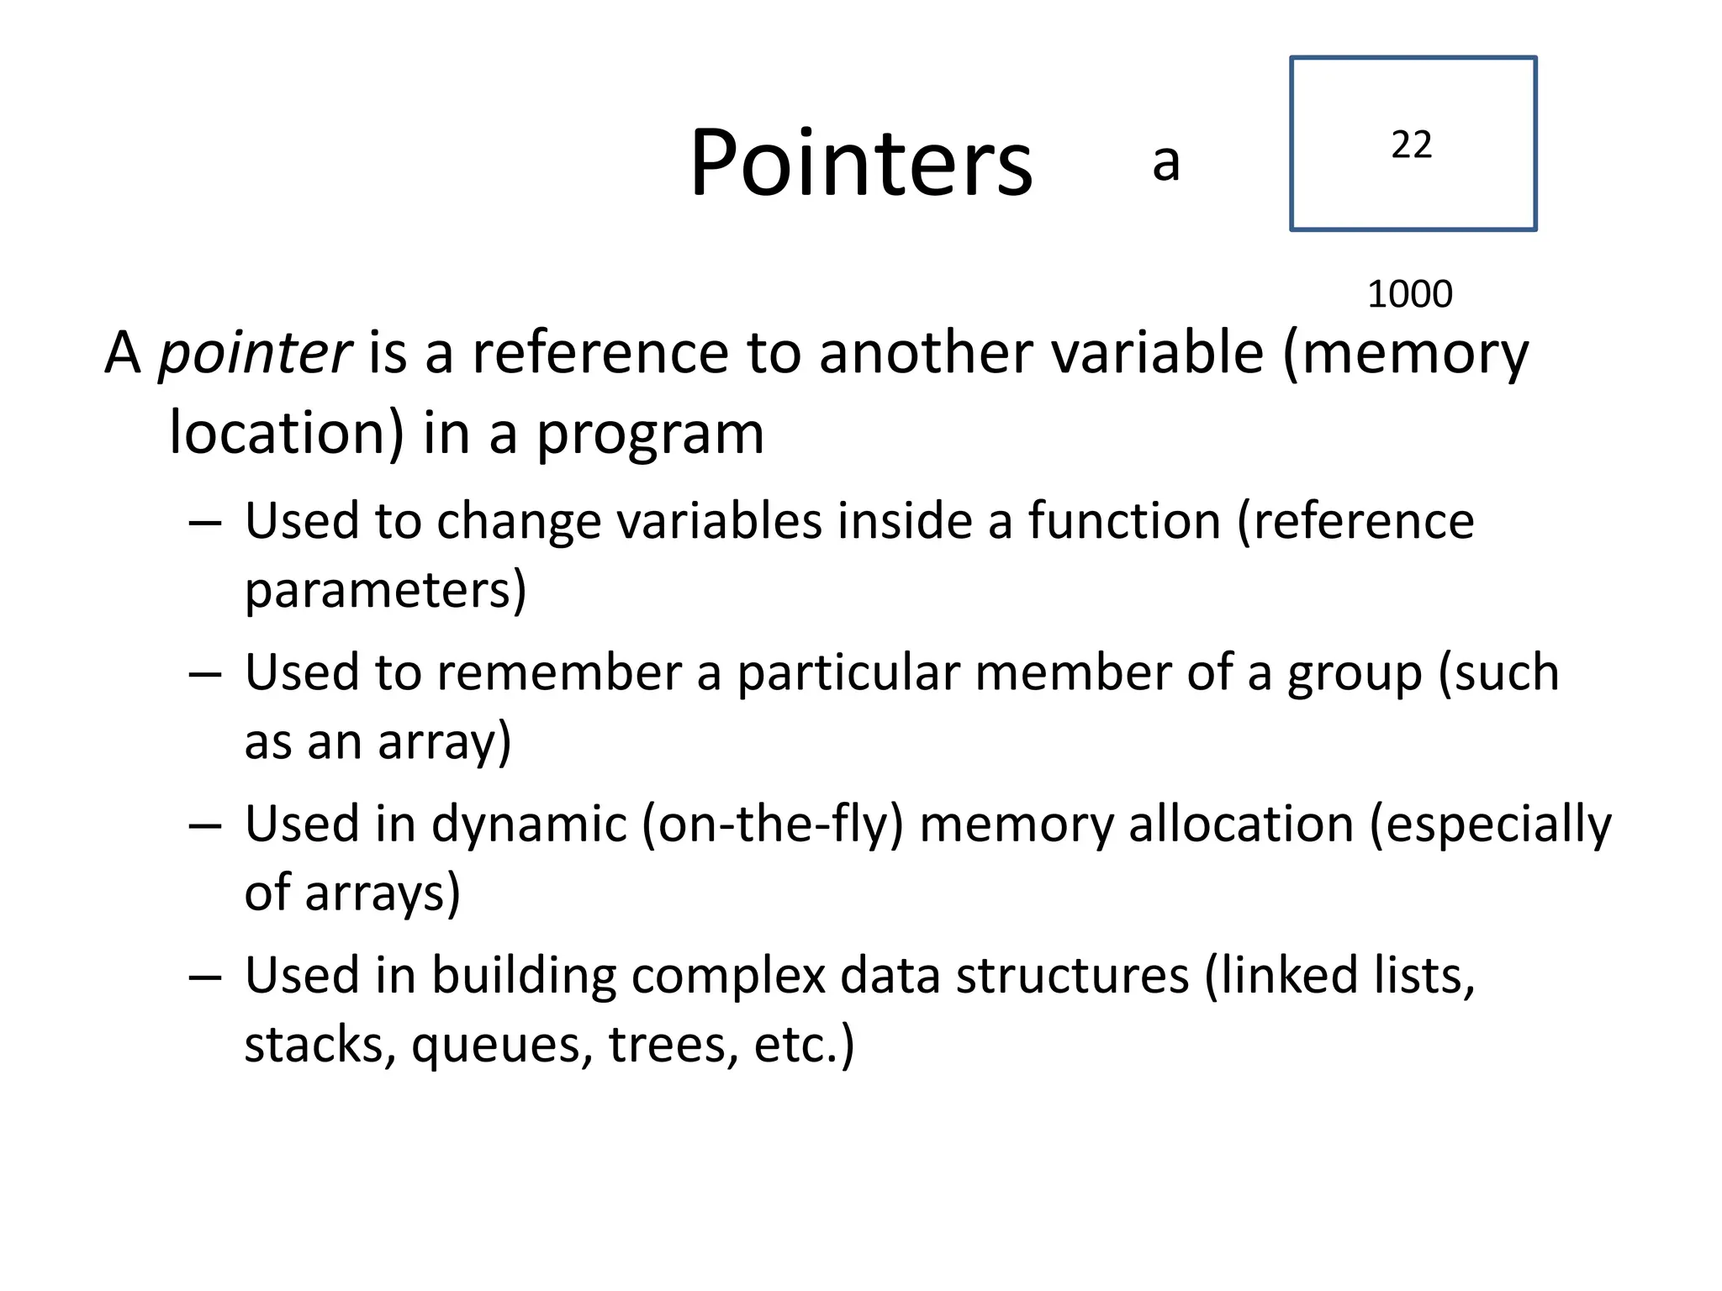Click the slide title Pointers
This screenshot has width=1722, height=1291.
coord(861,163)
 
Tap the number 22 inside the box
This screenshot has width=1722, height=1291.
coord(1411,145)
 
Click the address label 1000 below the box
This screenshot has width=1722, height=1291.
coord(1409,294)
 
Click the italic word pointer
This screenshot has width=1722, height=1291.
coord(255,353)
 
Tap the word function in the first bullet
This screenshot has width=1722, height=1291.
coord(1124,520)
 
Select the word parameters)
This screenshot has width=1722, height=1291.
coord(385,590)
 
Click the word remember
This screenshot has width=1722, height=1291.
coord(559,672)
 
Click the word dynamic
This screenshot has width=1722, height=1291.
coord(529,824)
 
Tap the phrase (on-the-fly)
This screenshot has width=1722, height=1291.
coord(772,824)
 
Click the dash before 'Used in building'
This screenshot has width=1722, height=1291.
coord(205,977)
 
